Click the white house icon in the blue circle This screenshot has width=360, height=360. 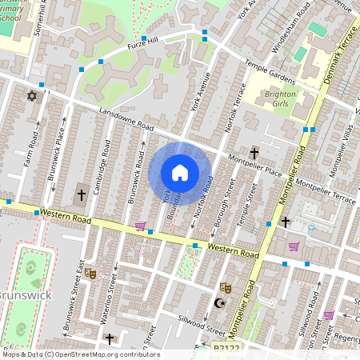(180, 173)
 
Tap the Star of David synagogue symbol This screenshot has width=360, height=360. (33, 96)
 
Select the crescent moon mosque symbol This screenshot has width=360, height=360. (219, 304)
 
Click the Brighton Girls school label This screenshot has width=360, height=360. (280, 99)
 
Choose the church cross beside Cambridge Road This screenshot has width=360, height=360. (81, 194)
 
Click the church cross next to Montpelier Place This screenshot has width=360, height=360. (254, 153)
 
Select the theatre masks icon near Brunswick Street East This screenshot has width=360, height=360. (90, 273)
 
